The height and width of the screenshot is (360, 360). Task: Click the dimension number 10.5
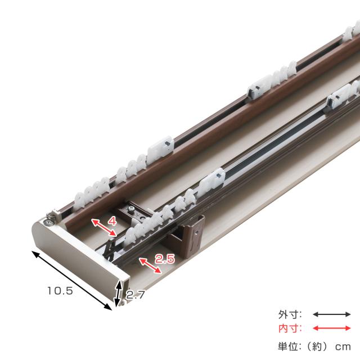click(60, 291)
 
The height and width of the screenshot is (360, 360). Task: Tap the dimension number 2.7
click(136, 295)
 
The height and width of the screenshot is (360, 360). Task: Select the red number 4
click(112, 222)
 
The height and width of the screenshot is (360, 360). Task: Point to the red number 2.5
click(165, 259)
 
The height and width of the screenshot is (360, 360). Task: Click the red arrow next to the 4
click(104, 227)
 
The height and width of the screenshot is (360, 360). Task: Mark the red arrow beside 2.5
click(150, 265)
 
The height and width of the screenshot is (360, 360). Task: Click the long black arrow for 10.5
click(71, 281)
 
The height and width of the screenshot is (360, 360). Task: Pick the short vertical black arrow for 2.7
click(118, 294)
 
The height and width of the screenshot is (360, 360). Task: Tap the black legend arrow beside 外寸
click(332, 314)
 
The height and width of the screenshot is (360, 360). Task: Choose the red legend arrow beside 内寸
click(332, 328)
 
